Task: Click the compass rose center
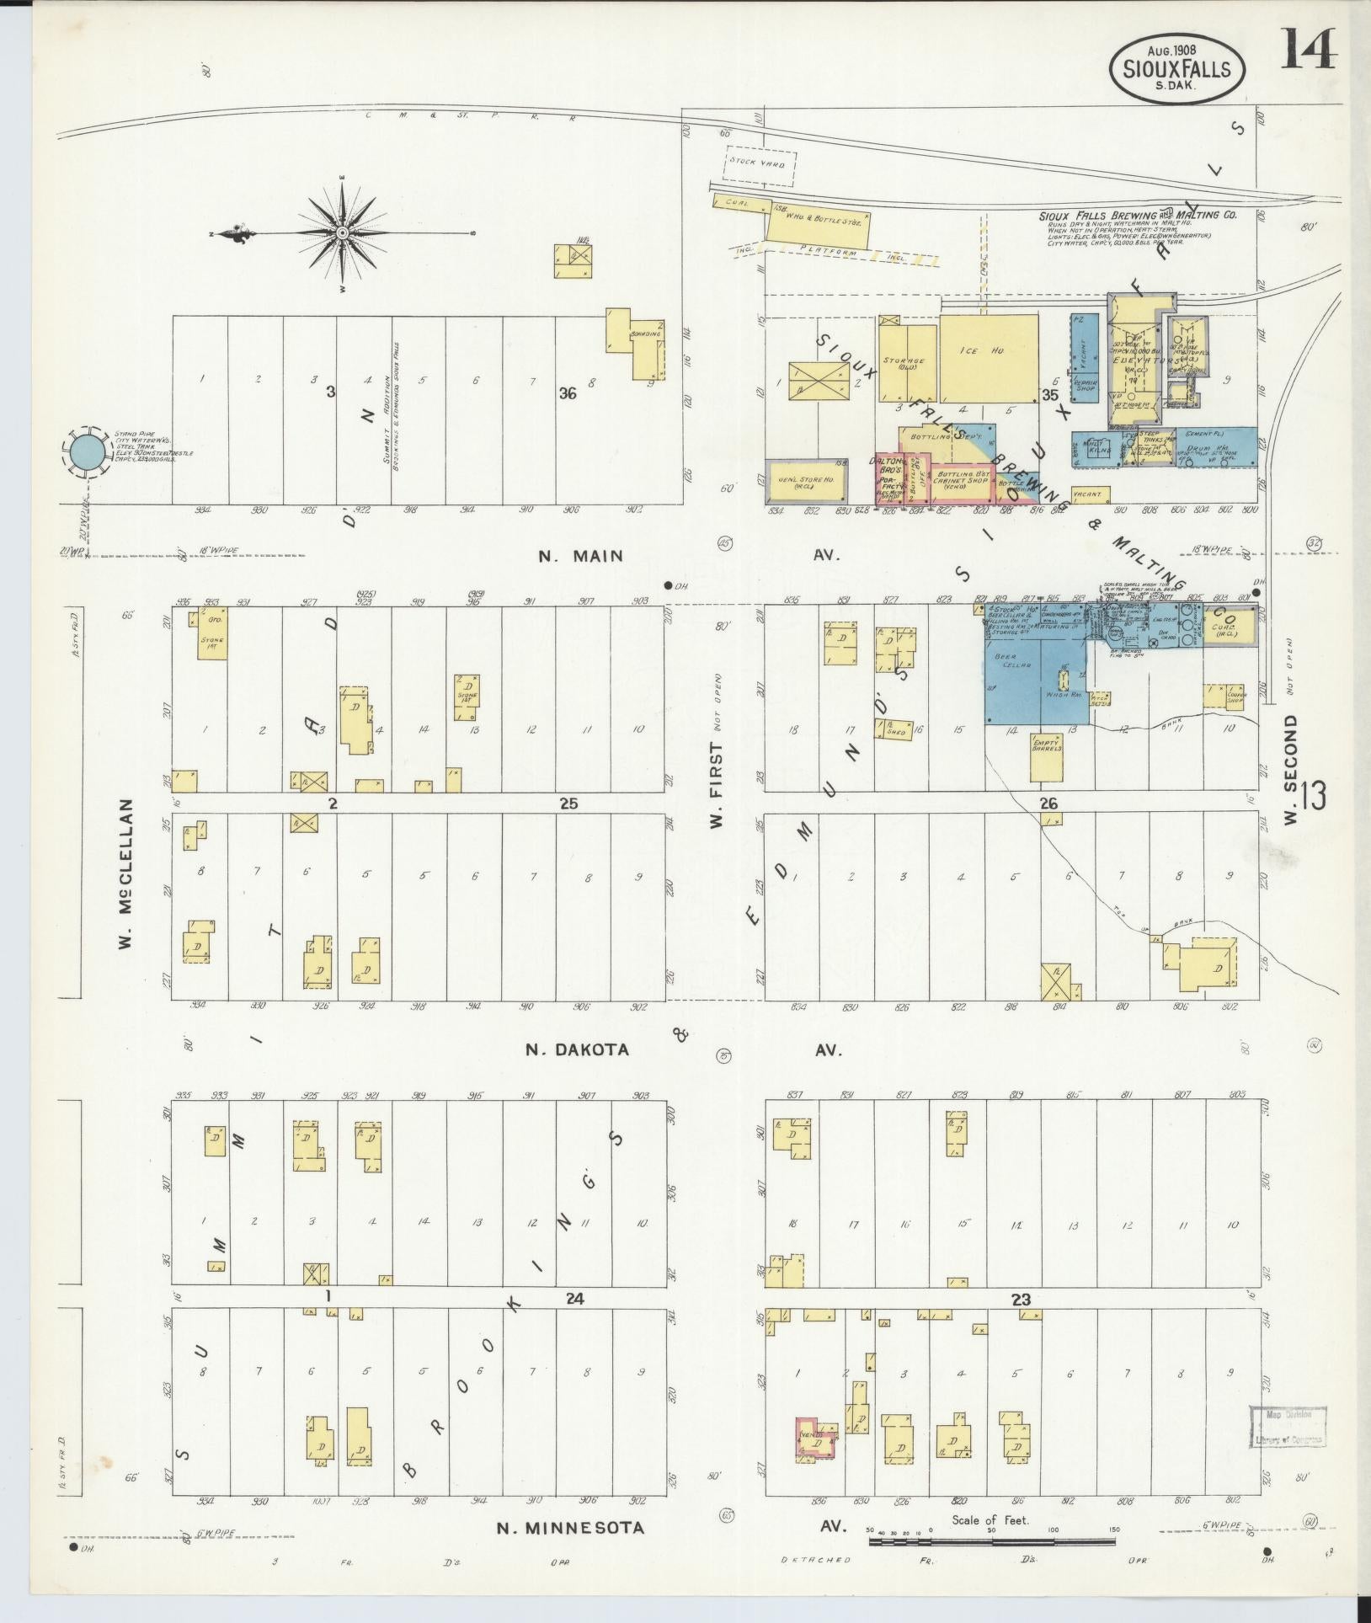(x=343, y=232)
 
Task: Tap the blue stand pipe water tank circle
(x=88, y=452)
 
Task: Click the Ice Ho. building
(x=988, y=359)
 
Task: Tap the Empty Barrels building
(x=1047, y=758)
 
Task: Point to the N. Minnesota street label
(x=570, y=1527)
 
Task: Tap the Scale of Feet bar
(x=992, y=1542)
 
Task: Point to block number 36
(x=568, y=392)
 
